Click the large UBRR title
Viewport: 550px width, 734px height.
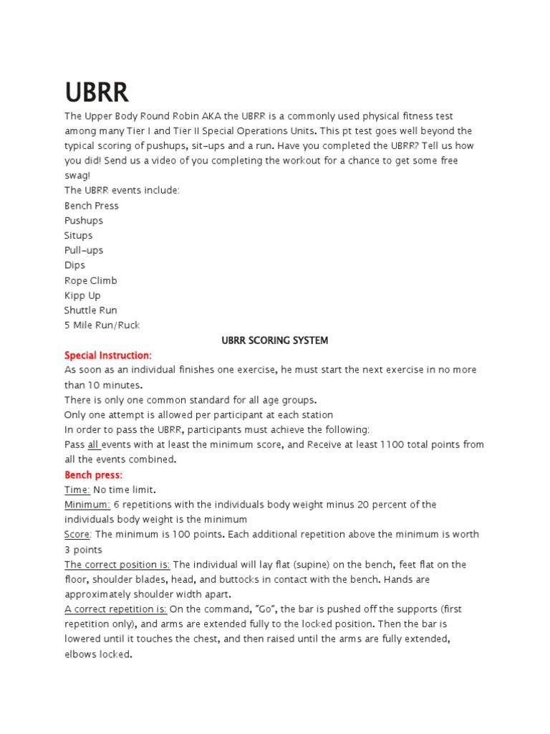click(97, 92)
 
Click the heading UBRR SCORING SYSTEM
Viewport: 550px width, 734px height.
click(275, 340)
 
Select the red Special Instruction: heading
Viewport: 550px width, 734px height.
click(108, 356)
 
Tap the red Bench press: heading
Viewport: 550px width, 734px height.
click(93, 475)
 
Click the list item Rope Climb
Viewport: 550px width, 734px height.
click(90, 280)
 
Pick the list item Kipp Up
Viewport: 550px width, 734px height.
click(82, 295)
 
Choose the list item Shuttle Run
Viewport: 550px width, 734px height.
click(90, 310)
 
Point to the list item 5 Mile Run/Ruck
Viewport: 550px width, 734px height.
click(102, 325)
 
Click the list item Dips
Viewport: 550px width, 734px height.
click(74, 265)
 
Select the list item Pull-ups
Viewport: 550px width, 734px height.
click(84, 250)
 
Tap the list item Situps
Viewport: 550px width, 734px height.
click(78, 235)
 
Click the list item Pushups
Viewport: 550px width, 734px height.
click(84, 221)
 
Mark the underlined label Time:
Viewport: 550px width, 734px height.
click(77, 490)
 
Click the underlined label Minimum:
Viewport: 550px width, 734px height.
click(87, 505)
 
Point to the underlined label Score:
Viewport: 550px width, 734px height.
click(78, 535)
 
